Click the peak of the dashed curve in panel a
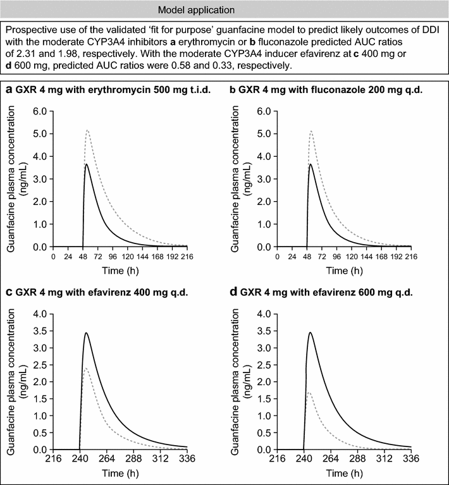[x=87, y=130]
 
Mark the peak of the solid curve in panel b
[x=311, y=164]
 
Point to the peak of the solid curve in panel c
[x=85, y=333]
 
